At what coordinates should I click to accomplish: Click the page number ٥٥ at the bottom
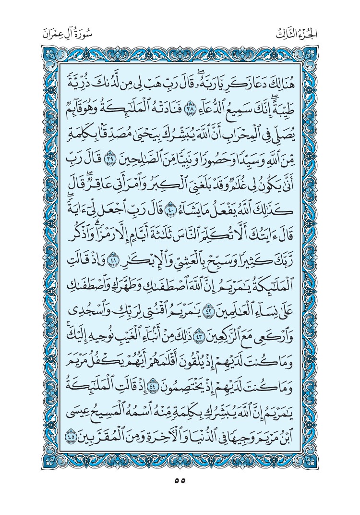pos(180,480)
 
